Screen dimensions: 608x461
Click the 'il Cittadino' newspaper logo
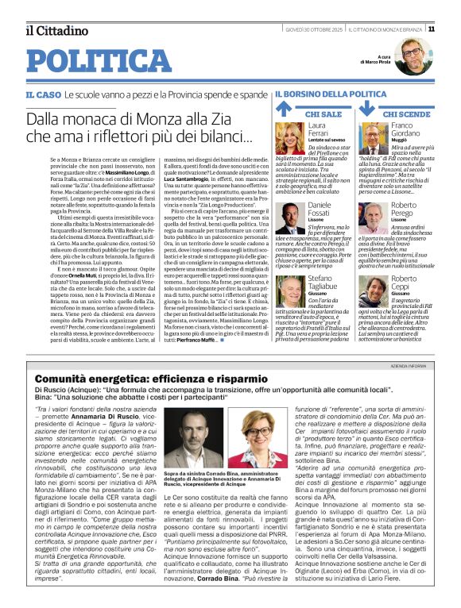click(56, 30)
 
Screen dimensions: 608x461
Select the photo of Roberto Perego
click(372, 218)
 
